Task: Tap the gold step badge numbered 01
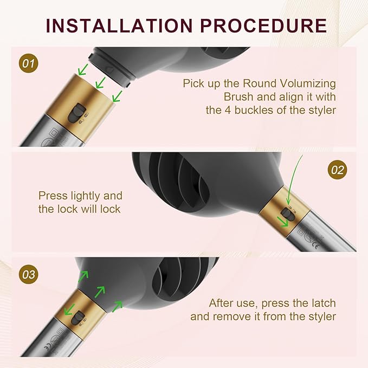pyautogui.click(x=28, y=63)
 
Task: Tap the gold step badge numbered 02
pyautogui.click(x=337, y=170)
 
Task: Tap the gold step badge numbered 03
pyautogui.click(x=28, y=274)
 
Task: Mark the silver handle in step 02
pyautogui.click(x=325, y=233)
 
